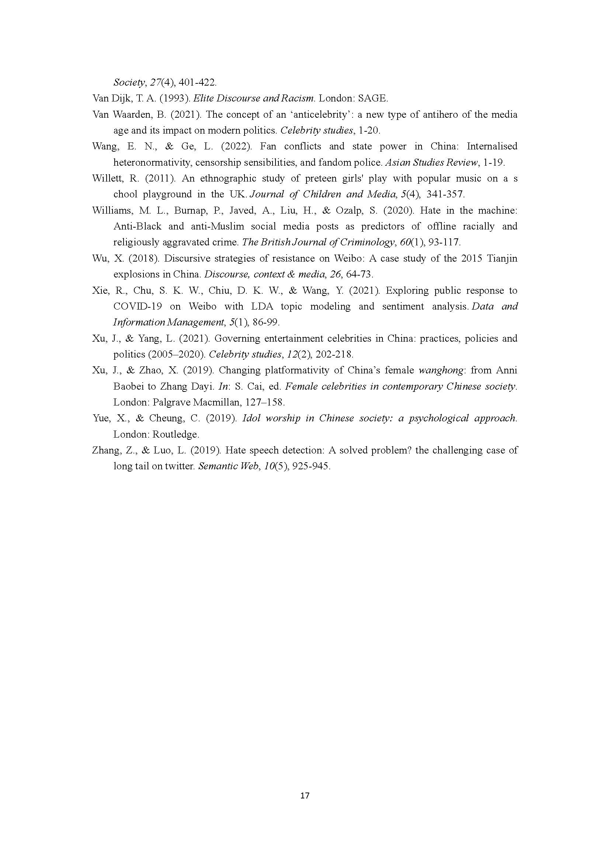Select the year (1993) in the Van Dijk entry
point(175,99)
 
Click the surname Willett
point(107,178)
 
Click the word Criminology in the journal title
point(372,242)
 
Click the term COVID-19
point(138,306)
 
